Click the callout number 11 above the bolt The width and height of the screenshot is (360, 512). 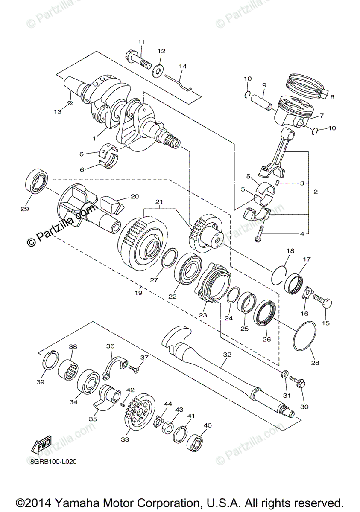(x=141, y=42)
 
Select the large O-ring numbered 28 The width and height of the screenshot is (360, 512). (x=304, y=336)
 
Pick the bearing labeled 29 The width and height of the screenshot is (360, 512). (x=38, y=181)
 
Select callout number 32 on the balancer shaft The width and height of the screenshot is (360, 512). (x=227, y=354)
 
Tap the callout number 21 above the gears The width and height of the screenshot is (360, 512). (x=160, y=201)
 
